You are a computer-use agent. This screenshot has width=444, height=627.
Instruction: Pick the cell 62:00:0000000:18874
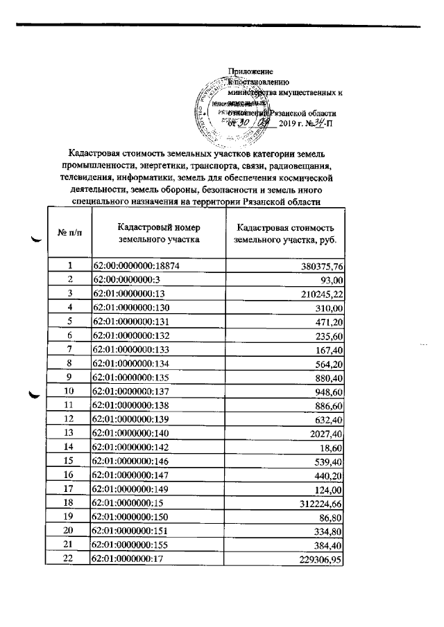(132, 265)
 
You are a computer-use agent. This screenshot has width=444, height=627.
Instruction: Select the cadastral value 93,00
(332, 279)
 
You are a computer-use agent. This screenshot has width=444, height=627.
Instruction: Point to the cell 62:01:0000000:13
(124, 294)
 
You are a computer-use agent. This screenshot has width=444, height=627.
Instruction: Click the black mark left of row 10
(31, 396)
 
